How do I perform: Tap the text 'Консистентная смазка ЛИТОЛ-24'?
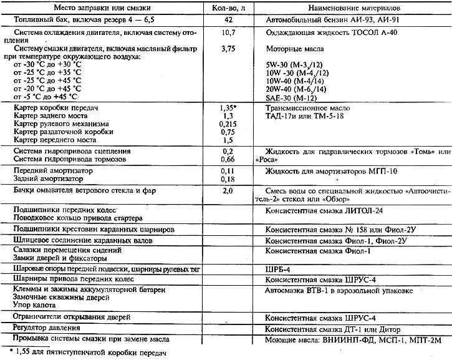click(325, 210)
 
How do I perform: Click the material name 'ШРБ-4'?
click(278, 268)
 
